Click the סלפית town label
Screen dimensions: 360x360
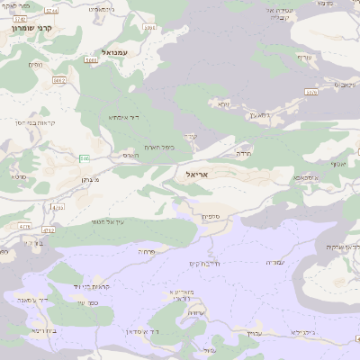[211, 216]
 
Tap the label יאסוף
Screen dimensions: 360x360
[338, 164]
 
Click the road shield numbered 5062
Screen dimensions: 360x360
[59, 81]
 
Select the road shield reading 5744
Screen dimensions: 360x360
[51, 10]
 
